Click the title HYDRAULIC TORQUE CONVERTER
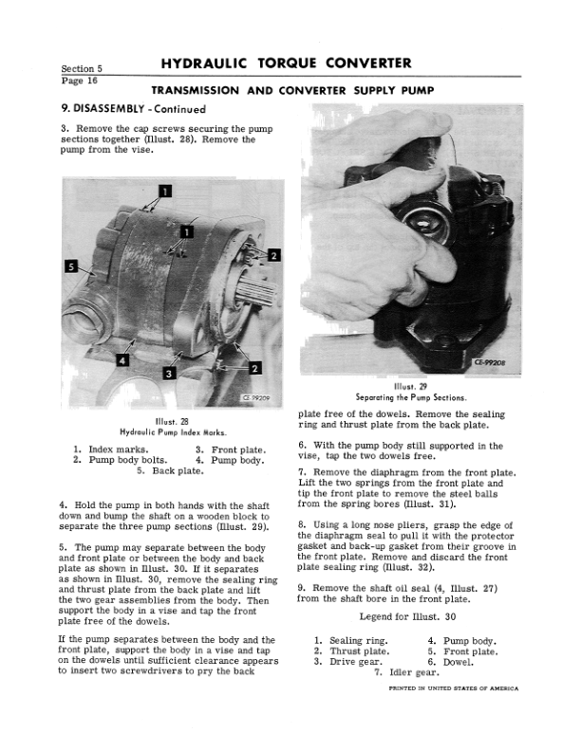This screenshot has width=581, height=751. click(x=286, y=64)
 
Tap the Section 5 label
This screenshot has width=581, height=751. click(x=82, y=69)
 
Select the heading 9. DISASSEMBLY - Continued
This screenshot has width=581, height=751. click(x=133, y=109)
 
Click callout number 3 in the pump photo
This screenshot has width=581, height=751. click(x=168, y=374)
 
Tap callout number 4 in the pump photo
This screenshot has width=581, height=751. click(x=122, y=358)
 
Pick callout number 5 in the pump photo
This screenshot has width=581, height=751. click(x=70, y=266)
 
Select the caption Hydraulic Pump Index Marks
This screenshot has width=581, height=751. click(x=171, y=432)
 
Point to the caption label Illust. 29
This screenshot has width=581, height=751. click(x=406, y=387)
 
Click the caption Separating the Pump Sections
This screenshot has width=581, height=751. click(x=406, y=397)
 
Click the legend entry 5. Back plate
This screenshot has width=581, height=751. click(x=171, y=470)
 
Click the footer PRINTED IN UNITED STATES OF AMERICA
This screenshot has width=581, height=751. click(x=454, y=688)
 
